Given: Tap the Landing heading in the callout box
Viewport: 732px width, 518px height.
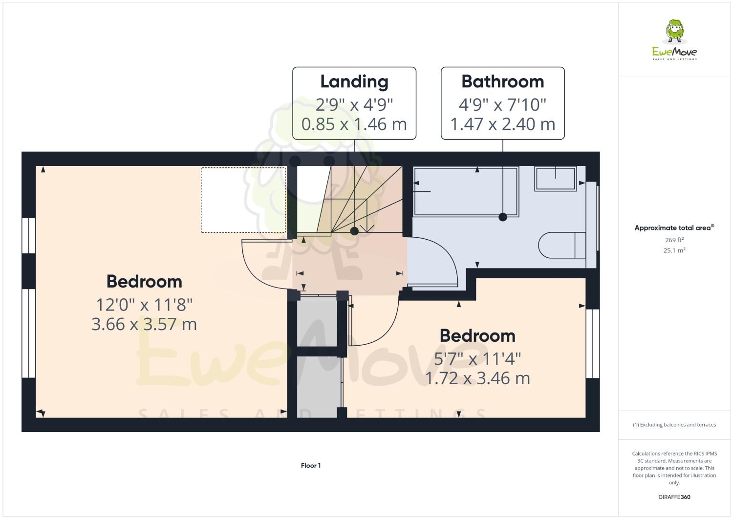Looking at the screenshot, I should [x=354, y=82].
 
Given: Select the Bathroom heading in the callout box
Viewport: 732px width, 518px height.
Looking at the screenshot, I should [x=502, y=82].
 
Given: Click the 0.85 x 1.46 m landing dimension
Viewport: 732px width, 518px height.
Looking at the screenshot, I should [x=354, y=124].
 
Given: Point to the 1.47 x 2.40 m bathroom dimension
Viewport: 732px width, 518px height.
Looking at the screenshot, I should [x=502, y=124].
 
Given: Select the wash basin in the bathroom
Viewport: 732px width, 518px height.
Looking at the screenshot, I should [x=556, y=178].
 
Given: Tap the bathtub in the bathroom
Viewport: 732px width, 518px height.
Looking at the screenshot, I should [x=466, y=191].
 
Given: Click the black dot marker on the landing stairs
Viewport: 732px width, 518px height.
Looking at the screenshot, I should [x=354, y=231].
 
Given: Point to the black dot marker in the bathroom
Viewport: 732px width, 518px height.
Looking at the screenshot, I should [x=502, y=218].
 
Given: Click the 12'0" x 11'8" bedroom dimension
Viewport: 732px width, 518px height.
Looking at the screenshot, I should [x=144, y=305].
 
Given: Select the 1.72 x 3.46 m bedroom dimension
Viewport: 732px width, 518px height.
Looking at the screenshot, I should [x=477, y=378].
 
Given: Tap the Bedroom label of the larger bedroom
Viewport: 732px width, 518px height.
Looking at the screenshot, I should [x=144, y=282].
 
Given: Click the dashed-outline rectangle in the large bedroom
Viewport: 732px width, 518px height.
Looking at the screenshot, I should [x=243, y=200].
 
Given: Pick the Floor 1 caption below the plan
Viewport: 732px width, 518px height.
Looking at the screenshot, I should [x=311, y=466].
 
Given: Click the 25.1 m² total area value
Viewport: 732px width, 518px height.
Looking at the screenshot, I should [x=674, y=250].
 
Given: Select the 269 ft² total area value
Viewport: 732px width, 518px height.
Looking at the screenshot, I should [x=674, y=240].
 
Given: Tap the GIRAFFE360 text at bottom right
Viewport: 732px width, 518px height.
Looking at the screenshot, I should [x=674, y=497].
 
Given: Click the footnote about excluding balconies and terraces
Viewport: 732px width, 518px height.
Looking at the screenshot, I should [x=674, y=425].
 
